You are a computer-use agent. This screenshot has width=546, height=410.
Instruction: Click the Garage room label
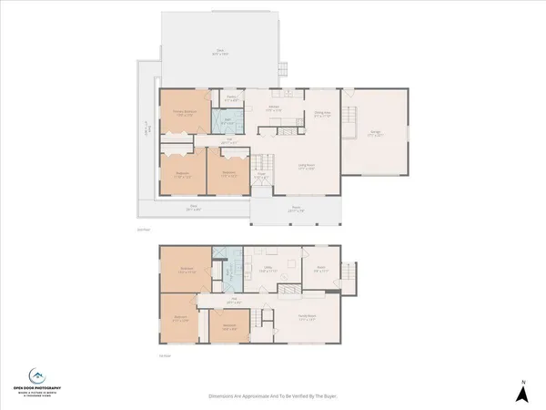[375, 133]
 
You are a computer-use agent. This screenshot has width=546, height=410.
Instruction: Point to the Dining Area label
[321, 114]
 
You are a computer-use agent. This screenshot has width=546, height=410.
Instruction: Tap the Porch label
[297, 211]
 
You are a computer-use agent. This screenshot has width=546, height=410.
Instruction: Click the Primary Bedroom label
[186, 113]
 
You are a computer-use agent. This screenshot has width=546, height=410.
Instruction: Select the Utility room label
[267, 270]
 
